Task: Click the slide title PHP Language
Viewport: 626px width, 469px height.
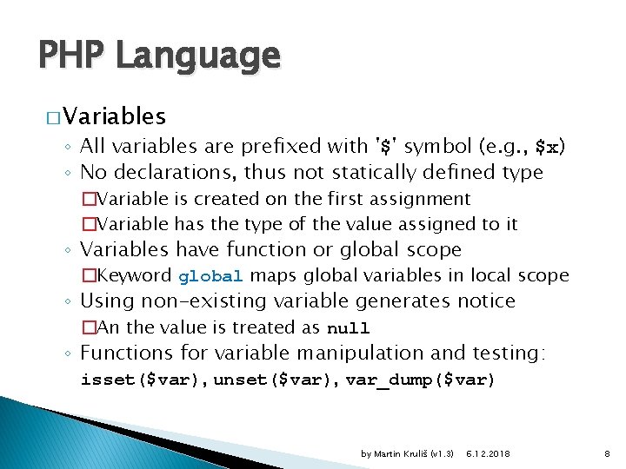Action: (x=159, y=56)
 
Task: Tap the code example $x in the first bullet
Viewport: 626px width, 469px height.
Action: (x=547, y=149)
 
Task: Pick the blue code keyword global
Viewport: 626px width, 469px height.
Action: (x=210, y=277)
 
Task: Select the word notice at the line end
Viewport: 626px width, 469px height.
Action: (x=485, y=301)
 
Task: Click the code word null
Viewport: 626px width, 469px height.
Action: (x=348, y=328)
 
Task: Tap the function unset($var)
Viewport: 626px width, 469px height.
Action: (x=276, y=380)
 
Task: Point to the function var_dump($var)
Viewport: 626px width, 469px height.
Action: (x=420, y=380)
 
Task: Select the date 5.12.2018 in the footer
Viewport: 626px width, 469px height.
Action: (x=489, y=452)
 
